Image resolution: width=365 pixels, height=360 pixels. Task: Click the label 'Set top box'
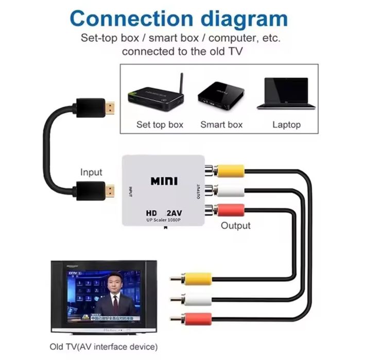click(x=160, y=125)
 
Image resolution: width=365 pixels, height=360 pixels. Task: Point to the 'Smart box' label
click(x=221, y=125)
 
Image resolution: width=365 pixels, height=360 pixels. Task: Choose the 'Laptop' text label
click(x=286, y=125)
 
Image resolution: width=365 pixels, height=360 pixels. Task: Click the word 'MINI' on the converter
click(x=164, y=181)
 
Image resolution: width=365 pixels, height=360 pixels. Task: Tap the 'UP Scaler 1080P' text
click(x=164, y=220)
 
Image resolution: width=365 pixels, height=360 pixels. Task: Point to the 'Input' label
click(x=91, y=172)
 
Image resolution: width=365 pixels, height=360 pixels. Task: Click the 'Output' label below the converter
click(x=235, y=226)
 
